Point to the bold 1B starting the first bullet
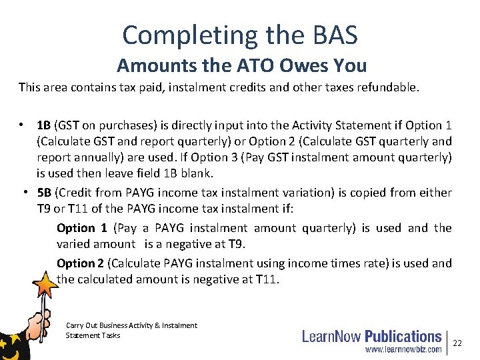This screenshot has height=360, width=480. pos(44,125)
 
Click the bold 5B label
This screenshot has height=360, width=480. pos(44,193)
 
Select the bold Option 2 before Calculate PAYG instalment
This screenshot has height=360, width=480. pos(80,263)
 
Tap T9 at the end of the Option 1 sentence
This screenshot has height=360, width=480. pos(236,245)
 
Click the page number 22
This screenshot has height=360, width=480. pos(457,342)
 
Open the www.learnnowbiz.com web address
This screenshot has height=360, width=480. pos(402,349)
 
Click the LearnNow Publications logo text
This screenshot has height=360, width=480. pos(371,336)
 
